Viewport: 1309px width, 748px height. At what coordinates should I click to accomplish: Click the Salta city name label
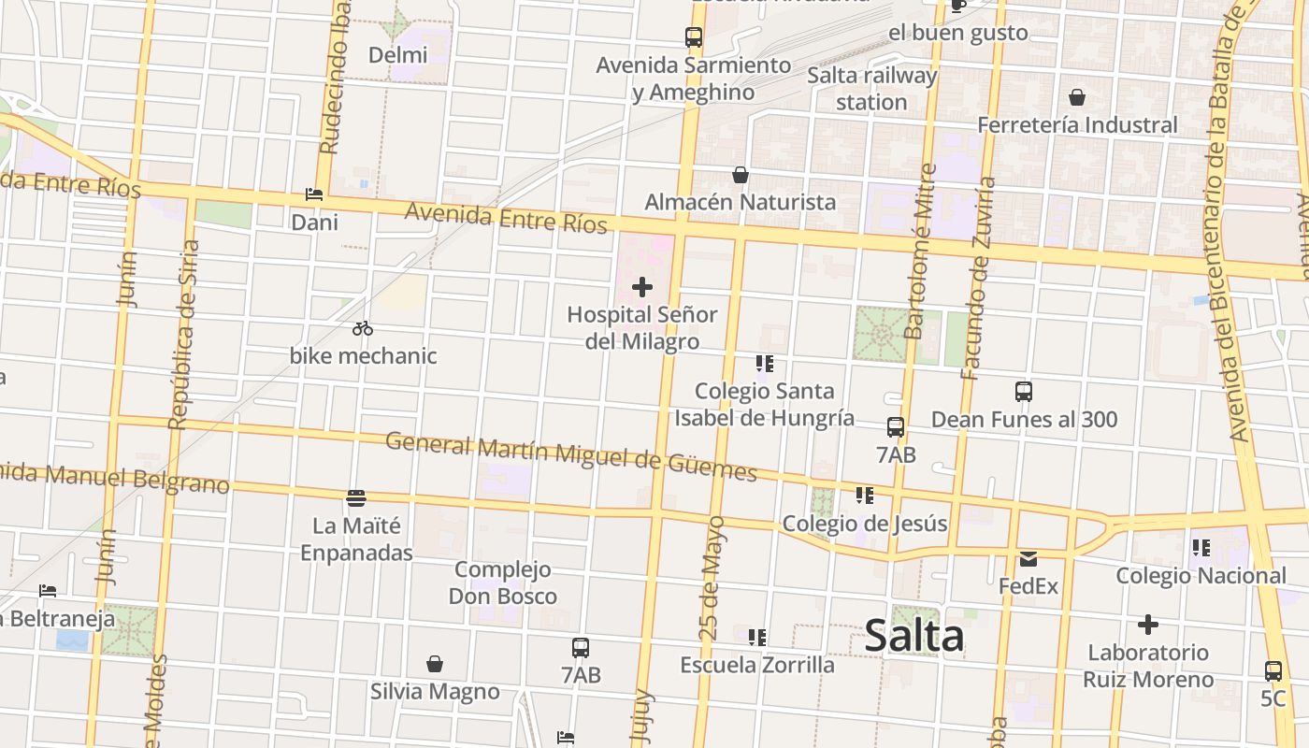913,636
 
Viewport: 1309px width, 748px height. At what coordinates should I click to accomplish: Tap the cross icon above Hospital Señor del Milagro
642,287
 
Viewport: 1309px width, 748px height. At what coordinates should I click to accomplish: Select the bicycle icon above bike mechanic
363,328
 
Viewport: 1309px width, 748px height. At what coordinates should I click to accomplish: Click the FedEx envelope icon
1028,559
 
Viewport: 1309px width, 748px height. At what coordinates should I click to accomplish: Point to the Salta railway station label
871,89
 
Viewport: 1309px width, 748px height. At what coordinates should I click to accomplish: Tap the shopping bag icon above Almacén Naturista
740,175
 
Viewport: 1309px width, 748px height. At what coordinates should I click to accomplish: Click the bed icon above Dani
314,194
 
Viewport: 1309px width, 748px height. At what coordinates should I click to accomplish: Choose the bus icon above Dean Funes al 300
1024,392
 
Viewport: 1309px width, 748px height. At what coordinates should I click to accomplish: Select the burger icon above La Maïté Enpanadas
355,497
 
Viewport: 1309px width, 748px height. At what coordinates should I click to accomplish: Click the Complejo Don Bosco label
503,583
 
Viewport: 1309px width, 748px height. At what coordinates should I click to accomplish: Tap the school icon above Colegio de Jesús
864,496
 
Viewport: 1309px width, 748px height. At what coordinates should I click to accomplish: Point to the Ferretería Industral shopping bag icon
1077,97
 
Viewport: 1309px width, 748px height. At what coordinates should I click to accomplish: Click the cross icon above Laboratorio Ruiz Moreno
1148,625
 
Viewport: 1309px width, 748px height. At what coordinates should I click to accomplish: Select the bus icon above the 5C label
1273,670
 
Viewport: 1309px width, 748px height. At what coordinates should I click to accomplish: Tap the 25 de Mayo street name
712,577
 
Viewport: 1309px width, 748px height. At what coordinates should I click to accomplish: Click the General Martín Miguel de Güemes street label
570,454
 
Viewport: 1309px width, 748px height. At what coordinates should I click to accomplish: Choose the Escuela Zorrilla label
757,665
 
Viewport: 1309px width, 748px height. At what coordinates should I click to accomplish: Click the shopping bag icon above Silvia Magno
434,664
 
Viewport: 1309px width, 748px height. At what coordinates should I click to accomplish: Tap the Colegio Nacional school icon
1201,548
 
